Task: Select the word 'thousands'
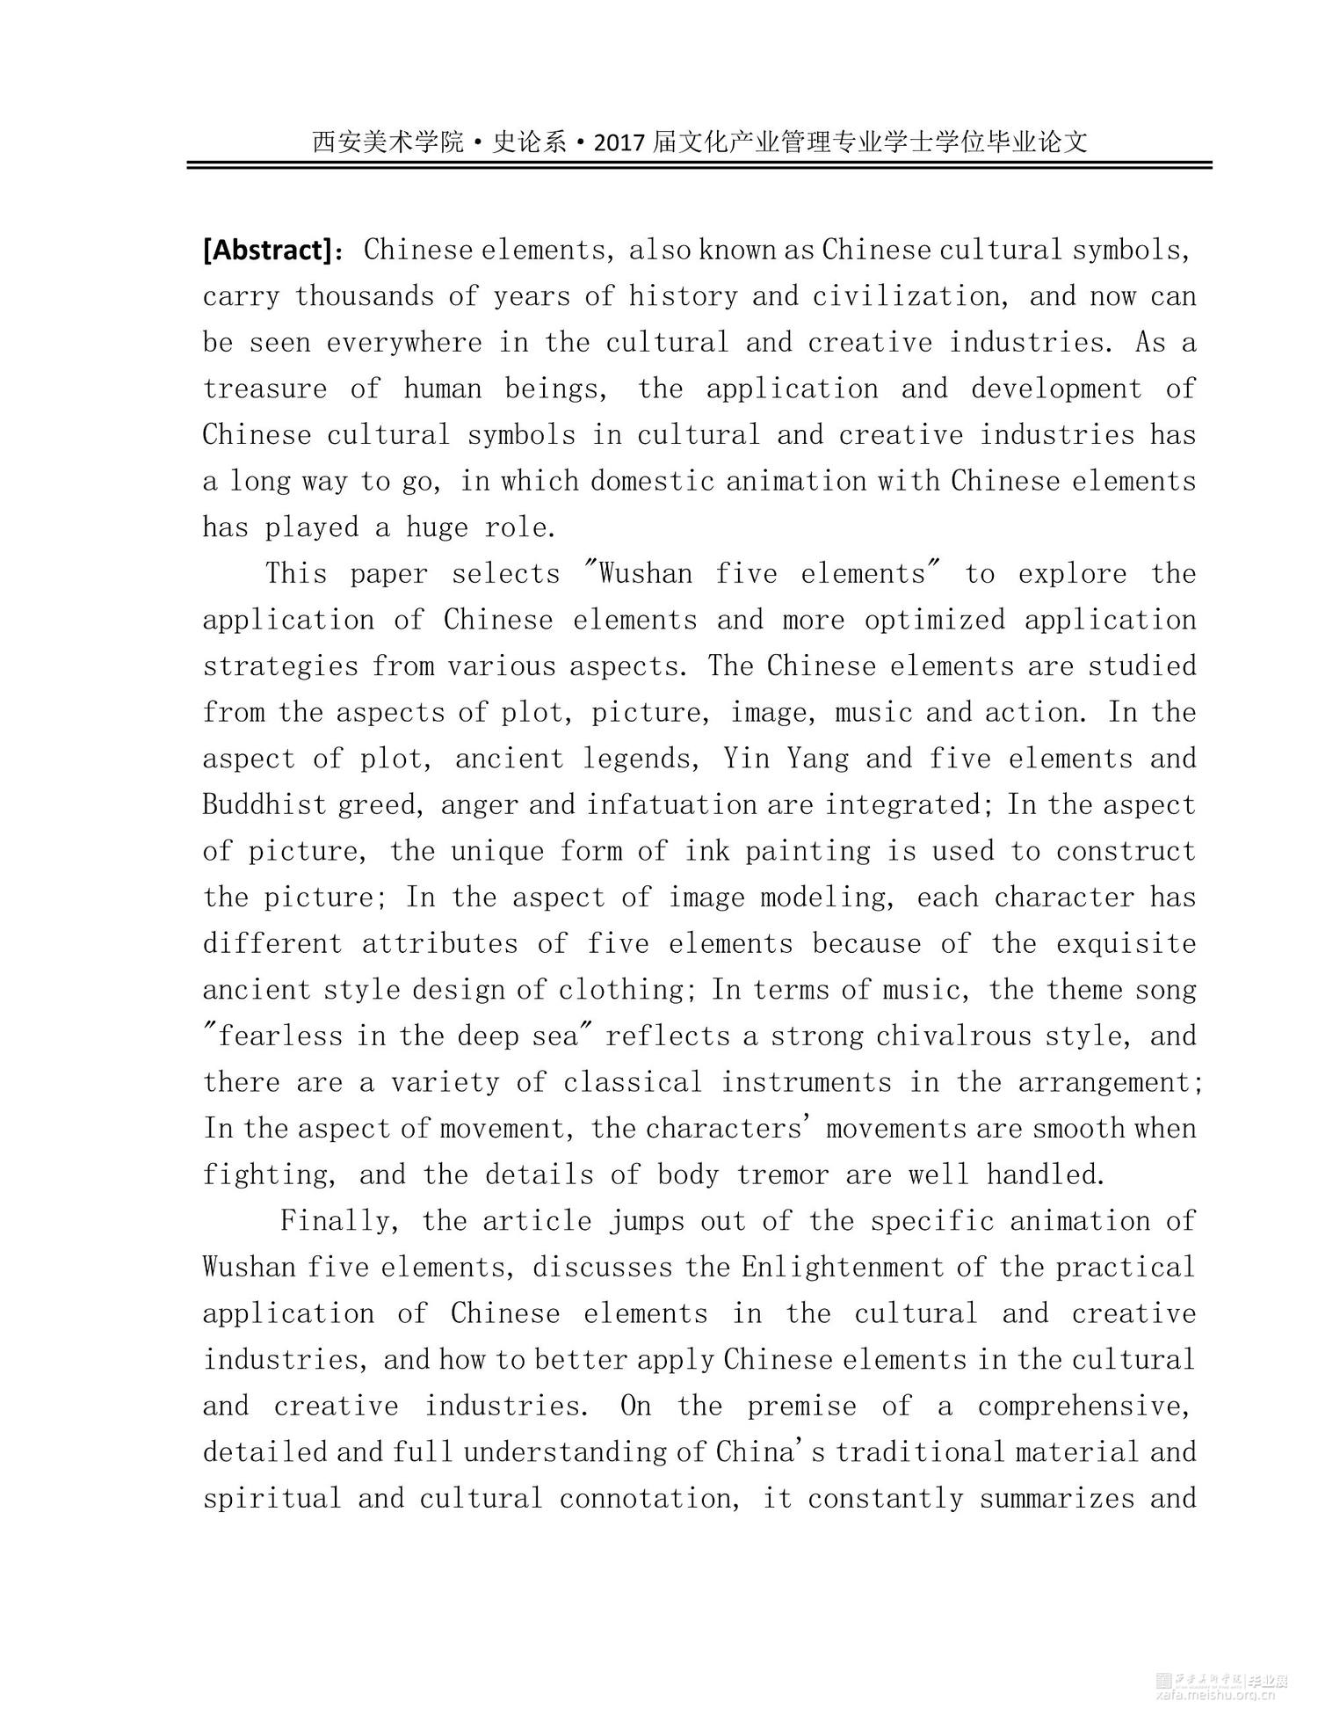coord(365,296)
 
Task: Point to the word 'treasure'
coord(264,389)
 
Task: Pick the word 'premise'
coord(801,1406)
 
